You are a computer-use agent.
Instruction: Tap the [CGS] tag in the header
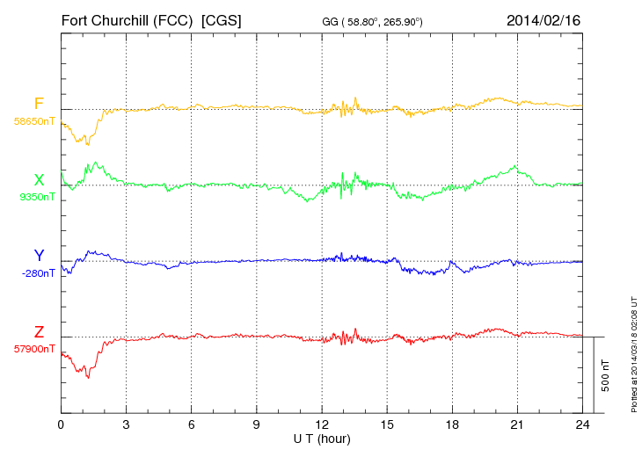pos(222,19)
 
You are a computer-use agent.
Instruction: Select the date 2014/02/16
pos(544,19)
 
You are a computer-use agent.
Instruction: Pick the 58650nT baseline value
pos(34,120)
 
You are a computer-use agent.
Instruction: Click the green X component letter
pos(39,180)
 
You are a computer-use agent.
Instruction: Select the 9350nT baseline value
pos(36,197)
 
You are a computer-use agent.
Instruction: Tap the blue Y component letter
pos(39,256)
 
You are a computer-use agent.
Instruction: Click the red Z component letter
pos(39,332)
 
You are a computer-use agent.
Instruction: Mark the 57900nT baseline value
pos(34,349)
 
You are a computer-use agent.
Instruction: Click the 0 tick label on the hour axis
pos(61,424)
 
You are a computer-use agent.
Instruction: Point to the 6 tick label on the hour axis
pos(191,424)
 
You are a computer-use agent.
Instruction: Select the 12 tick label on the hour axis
pos(322,424)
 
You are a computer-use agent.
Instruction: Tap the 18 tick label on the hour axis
pos(452,424)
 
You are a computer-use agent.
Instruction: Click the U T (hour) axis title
pos(322,438)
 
